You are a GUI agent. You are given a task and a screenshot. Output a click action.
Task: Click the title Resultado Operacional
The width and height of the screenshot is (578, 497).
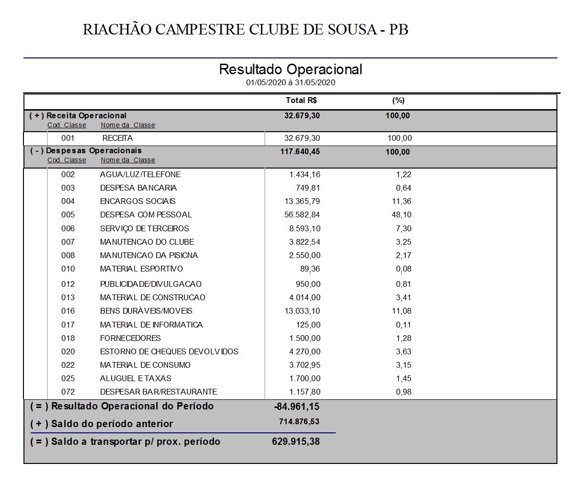[290, 69]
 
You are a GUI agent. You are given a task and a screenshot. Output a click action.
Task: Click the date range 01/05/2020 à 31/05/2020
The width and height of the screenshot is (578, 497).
[290, 82]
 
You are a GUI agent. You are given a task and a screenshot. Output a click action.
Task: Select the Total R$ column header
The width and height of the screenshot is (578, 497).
[301, 101]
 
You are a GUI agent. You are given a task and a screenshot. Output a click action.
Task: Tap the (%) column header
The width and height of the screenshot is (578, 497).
[398, 101]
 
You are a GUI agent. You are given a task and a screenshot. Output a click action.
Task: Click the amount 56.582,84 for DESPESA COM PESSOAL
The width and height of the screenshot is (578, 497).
[302, 215]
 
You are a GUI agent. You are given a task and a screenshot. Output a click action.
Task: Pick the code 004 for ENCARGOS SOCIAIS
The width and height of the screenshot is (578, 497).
[68, 202]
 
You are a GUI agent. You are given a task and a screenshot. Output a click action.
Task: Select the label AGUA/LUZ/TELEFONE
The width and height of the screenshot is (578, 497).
[140, 175]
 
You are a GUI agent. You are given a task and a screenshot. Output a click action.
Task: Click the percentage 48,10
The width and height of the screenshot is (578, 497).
[401, 215]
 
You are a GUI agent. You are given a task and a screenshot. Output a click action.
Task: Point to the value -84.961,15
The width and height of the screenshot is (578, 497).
[296, 407]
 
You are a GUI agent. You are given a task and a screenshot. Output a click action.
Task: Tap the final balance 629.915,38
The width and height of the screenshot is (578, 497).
[295, 441]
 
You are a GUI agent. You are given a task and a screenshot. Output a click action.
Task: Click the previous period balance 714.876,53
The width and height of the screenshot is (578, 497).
[299, 422]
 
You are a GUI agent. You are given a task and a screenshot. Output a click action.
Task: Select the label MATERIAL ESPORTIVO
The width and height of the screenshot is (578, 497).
[141, 269]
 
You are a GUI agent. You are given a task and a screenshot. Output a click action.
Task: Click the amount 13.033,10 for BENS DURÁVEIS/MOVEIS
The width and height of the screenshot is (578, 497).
[302, 311]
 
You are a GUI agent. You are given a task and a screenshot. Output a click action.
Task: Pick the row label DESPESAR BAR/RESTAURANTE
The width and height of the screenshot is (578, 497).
[159, 392]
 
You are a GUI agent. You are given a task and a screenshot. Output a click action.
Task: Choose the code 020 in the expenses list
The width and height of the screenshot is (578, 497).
[68, 352]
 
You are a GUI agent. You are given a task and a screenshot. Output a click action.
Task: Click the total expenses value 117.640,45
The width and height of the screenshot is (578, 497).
[300, 152]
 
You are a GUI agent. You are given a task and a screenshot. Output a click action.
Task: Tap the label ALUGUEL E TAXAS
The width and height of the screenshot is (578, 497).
[136, 379]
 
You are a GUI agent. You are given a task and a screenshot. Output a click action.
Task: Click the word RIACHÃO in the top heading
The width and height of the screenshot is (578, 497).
[116, 30]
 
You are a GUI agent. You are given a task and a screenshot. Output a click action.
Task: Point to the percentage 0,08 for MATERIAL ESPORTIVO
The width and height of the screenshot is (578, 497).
[403, 269]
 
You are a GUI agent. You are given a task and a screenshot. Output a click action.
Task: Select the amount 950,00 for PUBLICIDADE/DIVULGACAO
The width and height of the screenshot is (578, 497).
[308, 284]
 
